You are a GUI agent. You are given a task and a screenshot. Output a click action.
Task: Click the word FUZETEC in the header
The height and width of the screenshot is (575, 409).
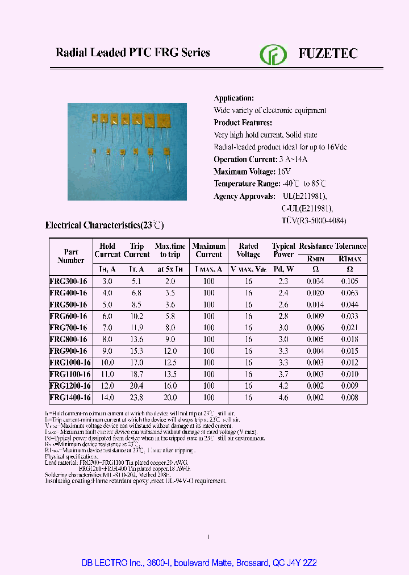(x=328, y=54)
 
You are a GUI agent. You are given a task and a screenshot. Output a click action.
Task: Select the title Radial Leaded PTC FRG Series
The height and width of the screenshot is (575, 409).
(x=132, y=53)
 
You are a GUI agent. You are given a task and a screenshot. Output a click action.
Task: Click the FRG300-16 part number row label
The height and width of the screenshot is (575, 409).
(x=68, y=281)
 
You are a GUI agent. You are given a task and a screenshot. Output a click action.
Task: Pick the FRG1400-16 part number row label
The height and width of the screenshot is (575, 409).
(x=70, y=398)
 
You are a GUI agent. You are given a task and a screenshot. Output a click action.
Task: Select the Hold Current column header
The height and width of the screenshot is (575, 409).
(x=107, y=251)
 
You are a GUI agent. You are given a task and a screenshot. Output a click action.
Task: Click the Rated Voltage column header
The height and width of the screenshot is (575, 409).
(x=248, y=251)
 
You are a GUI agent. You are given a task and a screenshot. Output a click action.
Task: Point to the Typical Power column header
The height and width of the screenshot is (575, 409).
(x=283, y=251)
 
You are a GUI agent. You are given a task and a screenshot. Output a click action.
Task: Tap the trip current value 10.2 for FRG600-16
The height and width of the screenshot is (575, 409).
(x=137, y=316)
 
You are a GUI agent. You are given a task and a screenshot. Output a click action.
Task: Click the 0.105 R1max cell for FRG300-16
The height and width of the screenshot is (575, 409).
(x=350, y=281)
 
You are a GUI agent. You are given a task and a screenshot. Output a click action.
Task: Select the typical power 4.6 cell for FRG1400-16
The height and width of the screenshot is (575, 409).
(x=283, y=398)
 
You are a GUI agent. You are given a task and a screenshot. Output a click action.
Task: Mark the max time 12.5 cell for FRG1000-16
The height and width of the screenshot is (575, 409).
(x=170, y=363)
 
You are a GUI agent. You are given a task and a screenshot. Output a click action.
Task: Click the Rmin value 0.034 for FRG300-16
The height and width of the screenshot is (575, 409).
(x=315, y=281)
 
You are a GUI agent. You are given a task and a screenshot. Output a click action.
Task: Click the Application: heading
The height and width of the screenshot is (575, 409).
(x=233, y=98)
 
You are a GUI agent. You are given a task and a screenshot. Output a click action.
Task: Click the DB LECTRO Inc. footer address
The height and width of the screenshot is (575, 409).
(x=204, y=562)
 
